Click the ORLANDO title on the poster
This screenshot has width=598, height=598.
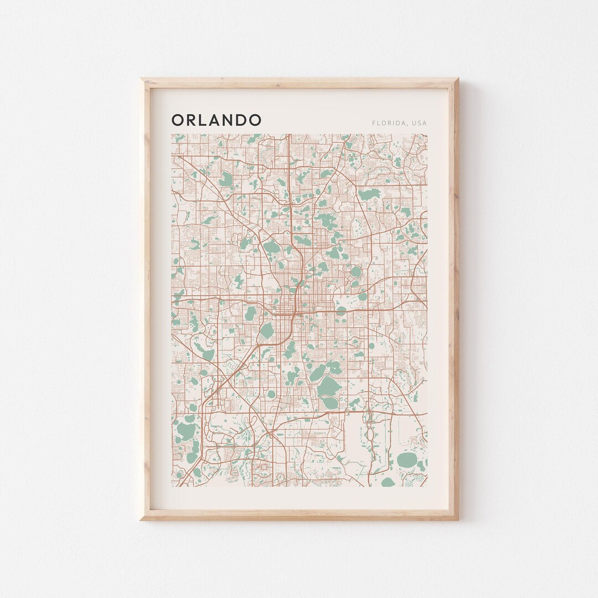tap(216, 120)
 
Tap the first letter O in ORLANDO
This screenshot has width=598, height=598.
tap(178, 120)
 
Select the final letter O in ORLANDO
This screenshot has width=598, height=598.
tap(255, 120)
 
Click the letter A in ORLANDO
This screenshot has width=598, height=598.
tap(215, 120)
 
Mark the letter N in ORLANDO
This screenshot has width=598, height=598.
tap(228, 120)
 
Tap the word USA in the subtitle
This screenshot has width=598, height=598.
tap(420, 123)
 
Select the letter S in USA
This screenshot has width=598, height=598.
tap(420, 123)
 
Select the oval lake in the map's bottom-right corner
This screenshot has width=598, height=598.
tap(407, 460)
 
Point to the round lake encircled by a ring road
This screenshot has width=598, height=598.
tap(355, 272)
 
